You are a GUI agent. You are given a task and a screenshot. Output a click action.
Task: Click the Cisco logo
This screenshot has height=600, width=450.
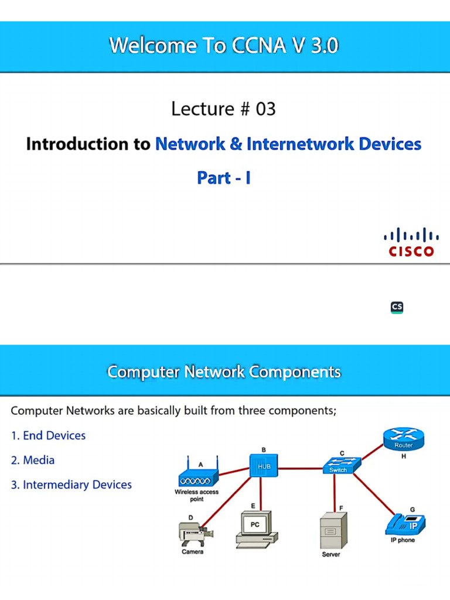click(x=411, y=242)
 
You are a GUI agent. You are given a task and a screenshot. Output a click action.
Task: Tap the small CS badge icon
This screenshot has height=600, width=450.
click(x=397, y=307)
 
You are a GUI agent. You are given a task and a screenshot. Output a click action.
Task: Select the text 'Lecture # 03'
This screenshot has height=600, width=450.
click(x=223, y=109)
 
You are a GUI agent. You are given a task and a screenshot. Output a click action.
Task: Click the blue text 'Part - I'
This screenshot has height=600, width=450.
click(x=224, y=178)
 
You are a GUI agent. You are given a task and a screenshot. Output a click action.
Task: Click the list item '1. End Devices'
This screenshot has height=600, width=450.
click(x=49, y=435)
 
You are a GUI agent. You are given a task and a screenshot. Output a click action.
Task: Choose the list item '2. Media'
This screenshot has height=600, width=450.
click(x=33, y=460)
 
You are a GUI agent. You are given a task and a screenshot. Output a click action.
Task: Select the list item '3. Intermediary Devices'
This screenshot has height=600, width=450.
click(x=71, y=485)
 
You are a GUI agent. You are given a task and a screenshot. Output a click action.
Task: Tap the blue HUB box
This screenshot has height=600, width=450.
click(x=261, y=466)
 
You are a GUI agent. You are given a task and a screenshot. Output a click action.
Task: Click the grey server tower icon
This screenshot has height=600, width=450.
click(x=333, y=530)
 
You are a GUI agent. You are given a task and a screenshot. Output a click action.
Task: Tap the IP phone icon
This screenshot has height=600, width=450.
click(x=405, y=523)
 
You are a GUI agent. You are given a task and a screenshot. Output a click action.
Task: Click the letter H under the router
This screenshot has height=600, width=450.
click(x=404, y=456)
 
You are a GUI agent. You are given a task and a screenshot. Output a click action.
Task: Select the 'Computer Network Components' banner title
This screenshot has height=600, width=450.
click(x=224, y=371)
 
